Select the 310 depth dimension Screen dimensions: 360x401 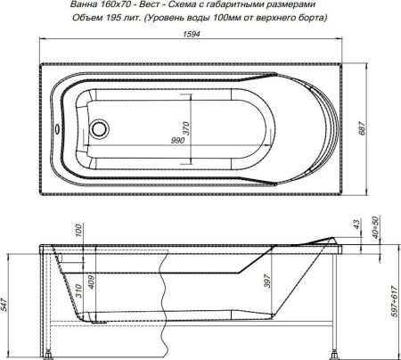pos(78,290)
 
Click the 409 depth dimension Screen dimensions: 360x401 pos(91,283)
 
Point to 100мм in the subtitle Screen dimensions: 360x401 pos(246,18)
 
